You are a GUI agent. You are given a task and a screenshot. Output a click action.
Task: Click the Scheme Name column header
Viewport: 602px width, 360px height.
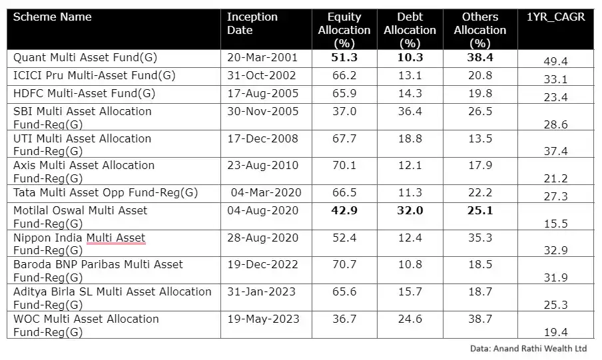click(53, 17)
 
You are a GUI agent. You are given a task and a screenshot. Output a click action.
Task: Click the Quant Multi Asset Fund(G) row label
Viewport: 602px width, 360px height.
click(85, 58)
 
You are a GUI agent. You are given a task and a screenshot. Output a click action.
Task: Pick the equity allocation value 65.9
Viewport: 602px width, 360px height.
click(344, 94)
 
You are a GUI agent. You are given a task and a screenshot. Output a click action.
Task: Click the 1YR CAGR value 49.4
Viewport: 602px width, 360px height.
click(555, 62)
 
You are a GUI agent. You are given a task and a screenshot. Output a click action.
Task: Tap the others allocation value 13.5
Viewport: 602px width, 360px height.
click(480, 138)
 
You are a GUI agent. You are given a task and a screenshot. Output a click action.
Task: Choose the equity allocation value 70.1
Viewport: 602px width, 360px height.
click(344, 165)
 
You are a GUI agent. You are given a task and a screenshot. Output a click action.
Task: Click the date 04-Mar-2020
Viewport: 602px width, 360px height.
click(266, 193)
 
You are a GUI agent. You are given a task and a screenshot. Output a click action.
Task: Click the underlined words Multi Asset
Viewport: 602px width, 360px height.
click(116, 238)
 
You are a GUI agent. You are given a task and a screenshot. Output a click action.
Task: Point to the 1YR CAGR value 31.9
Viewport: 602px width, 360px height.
click(555, 278)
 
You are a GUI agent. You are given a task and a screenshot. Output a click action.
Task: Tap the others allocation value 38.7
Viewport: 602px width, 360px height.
click(480, 319)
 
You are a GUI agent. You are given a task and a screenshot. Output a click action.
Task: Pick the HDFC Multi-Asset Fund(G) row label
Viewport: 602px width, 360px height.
click(84, 94)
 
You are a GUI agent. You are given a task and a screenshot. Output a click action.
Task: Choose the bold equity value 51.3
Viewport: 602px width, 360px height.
click(344, 58)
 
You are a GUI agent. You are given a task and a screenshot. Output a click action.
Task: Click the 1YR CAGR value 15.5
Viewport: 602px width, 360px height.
click(555, 224)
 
